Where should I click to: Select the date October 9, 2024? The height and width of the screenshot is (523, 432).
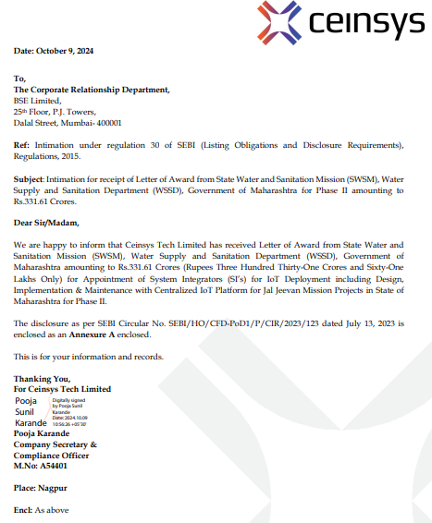click(68, 50)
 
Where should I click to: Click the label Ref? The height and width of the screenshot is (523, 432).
click(21, 145)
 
